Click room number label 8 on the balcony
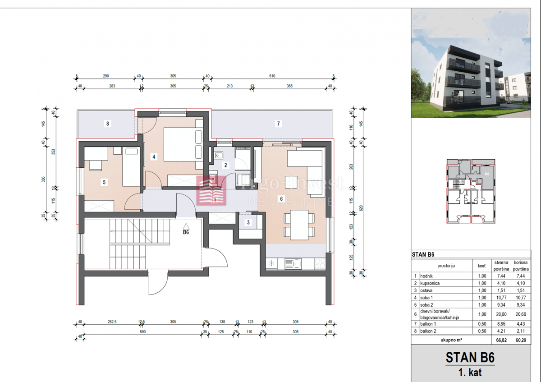[x=107, y=124]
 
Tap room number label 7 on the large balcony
[x=279, y=124]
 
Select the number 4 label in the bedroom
[x=154, y=157]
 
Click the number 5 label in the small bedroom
[x=104, y=183]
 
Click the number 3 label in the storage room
[x=248, y=222]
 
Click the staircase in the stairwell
[x=128, y=244]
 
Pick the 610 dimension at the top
[x=272, y=77]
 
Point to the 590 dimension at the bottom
[x=142, y=332]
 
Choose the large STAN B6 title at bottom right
[x=470, y=358]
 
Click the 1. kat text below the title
[x=470, y=373]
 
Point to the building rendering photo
[x=470, y=64]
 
